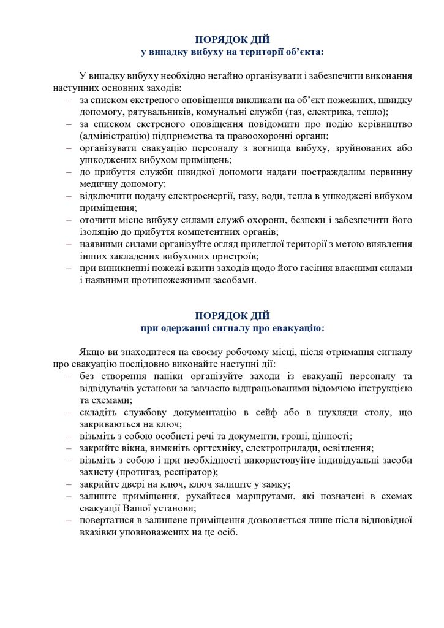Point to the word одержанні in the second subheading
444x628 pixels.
[185, 327]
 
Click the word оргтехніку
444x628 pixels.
[199, 448]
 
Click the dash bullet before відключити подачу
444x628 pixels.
[69, 196]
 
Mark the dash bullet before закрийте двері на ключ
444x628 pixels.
[69, 483]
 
